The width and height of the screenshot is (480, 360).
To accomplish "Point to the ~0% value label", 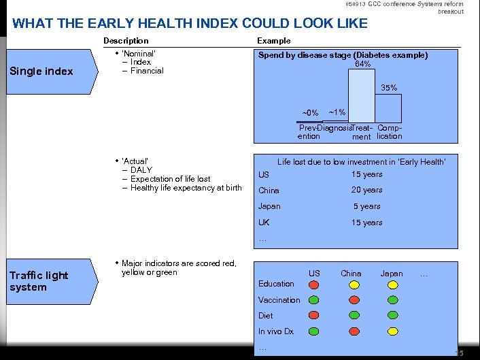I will pos(310,113).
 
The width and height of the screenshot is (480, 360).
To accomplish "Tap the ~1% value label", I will pos(337,112).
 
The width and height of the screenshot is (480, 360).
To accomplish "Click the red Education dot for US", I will pos(313,284).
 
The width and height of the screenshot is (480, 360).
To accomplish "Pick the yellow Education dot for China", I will pos(354,284).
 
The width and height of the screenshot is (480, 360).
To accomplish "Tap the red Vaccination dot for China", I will pos(354,299).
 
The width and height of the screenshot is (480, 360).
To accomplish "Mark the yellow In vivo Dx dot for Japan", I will pos(392,331).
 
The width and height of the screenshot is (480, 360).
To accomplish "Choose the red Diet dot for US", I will pos(313,315).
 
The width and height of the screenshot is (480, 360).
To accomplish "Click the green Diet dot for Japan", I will pos(392,315).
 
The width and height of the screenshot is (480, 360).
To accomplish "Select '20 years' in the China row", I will pos(366,191).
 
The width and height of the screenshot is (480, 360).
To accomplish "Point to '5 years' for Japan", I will pos(366,206).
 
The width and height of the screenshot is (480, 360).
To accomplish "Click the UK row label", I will pos(264,223).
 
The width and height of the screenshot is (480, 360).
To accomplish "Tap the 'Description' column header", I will pos(126,41).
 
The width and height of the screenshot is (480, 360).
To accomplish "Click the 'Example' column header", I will pos(273,41).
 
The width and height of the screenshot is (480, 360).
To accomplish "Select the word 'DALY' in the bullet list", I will pos(141,170).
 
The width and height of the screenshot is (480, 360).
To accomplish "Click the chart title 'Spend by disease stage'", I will pos(343,55).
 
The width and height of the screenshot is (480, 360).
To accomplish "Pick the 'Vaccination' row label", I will pos(279,299).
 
